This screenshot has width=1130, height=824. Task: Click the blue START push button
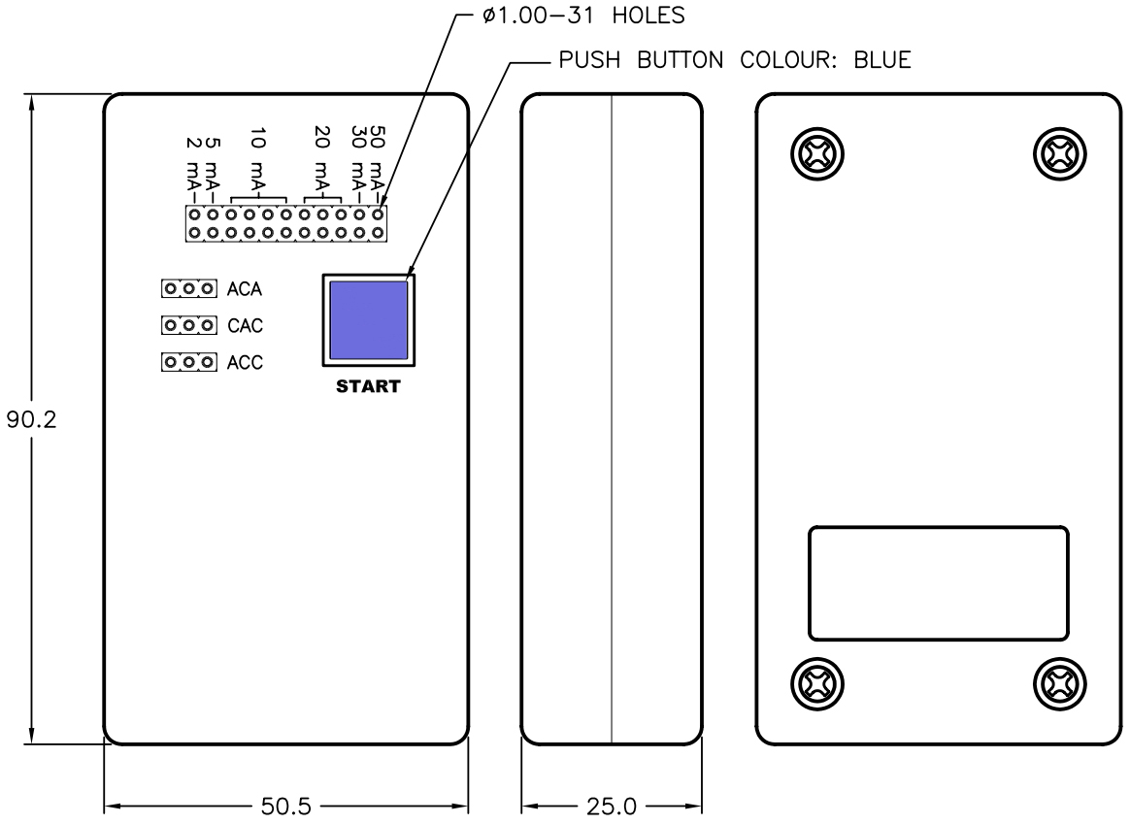click(x=368, y=320)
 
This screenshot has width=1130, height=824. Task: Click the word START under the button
click(x=368, y=387)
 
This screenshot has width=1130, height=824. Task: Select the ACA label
click(x=245, y=289)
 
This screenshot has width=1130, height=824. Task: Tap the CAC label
click(x=245, y=325)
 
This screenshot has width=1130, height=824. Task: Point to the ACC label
click(x=245, y=362)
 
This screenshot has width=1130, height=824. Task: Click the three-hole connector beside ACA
click(x=188, y=289)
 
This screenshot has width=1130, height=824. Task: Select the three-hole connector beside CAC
click(x=188, y=325)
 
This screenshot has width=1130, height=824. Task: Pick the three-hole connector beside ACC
click(x=188, y=362)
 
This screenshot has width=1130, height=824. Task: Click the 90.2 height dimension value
click(x=31, y=419)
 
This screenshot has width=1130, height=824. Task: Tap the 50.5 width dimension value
click(x=286, y=806)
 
